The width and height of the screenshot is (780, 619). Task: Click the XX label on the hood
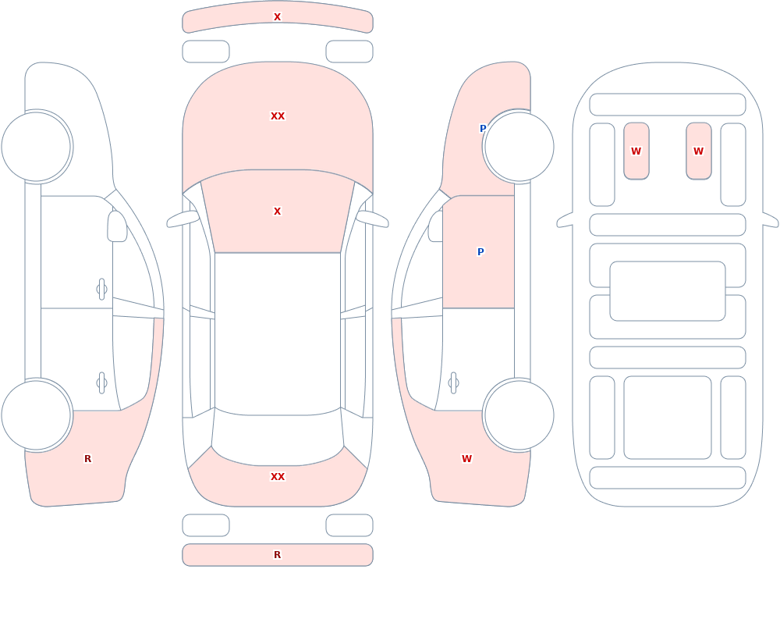tap(278, 116)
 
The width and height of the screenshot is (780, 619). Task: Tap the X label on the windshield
tap(278, 212)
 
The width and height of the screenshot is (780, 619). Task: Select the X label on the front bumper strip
tap(278, 17)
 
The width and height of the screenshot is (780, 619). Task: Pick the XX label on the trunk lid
tap(278, 477)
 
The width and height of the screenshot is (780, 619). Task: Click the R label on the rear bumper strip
tap(278, 555)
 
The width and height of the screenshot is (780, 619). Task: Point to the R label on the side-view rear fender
tap(88, 459)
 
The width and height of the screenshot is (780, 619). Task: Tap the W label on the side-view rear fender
tap(466, 459)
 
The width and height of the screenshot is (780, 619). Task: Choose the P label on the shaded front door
tap(480, 252)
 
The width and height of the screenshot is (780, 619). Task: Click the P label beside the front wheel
tap(483, 129)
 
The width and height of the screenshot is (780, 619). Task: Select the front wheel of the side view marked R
tap(37, 147)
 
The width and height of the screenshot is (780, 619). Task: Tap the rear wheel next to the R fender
tap(37, 414)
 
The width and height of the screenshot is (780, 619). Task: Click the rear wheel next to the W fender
tap(519, 414)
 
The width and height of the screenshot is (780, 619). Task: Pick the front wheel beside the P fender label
tap(519, 147)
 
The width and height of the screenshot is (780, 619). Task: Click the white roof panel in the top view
tap(278, 333)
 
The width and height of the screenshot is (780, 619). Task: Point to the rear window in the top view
tap(278, 438)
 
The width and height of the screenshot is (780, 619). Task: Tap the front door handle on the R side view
tap(102, 290)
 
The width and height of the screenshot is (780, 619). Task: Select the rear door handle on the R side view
tap(102, 383)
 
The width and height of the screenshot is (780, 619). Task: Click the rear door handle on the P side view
tap(453, 383)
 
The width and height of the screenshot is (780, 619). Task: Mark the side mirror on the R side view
tap(118, 226)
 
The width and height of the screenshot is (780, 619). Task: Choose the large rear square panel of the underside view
tap(668, 418)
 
